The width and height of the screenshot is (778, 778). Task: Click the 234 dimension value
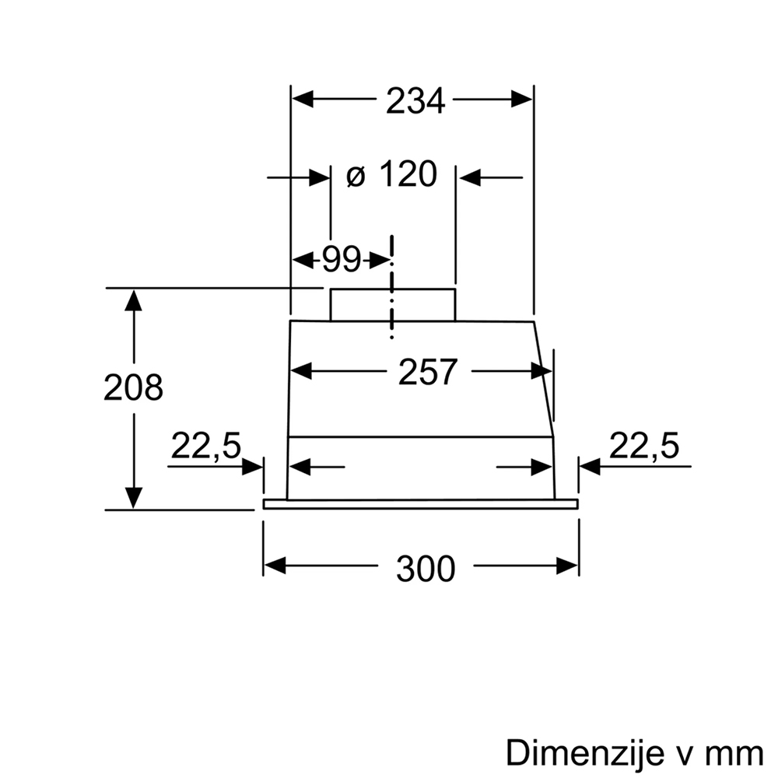[x=415, y=101]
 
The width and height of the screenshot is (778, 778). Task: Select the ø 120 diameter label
[x=392, y=174]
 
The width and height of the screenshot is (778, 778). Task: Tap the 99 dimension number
[x=342, y=259]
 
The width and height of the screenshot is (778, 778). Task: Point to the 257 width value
[x=427, y=372]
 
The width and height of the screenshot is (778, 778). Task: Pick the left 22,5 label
[x=206, y=446]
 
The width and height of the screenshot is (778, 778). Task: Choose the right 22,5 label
[x=643, y=446]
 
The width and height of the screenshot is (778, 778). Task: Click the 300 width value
[x=426, y=568]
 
